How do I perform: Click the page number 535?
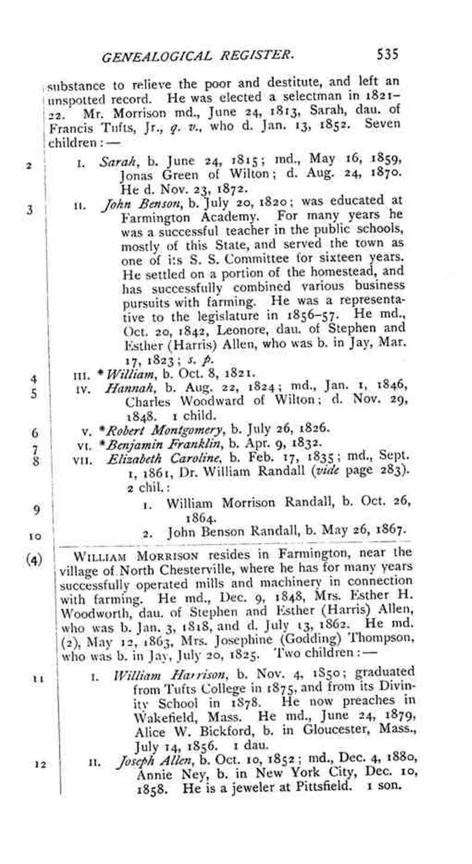pos(387,55)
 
